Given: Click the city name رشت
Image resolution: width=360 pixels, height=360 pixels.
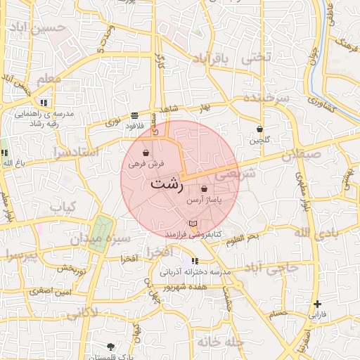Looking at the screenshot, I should (x=167, y=184).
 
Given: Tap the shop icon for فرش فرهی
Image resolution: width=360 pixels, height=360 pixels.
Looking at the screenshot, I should (x=146, y=153).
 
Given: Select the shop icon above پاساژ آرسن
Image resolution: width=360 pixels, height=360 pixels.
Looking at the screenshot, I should (x=204, y=188).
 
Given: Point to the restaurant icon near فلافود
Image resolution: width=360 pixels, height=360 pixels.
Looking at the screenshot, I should (x=134, y=115).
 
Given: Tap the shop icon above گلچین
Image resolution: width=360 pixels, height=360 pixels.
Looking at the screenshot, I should (x=260, y=129).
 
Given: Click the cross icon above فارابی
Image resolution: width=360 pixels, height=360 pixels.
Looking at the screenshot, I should (x=318, y=303).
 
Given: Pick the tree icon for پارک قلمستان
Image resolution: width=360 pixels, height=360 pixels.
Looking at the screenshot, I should (x=110, y=346).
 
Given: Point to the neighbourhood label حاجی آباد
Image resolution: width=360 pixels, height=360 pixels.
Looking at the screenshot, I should (x=279, y=267).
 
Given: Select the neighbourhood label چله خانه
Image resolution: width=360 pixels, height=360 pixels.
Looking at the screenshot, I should (x=200, y=342).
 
